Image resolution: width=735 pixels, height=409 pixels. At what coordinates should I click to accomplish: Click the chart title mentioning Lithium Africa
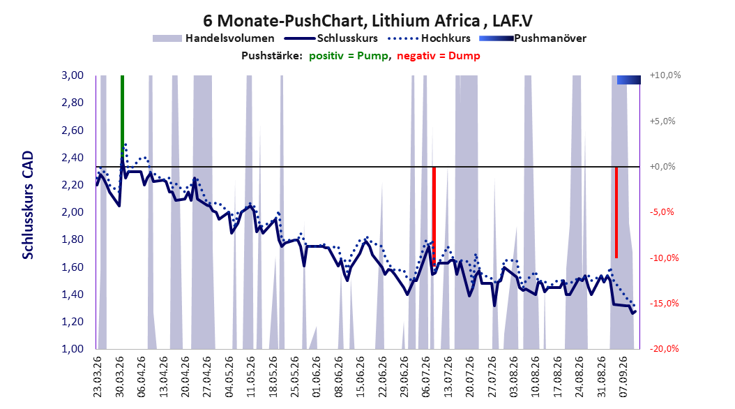[x=367, y=21]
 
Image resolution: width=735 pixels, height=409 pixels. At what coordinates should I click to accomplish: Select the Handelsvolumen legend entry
[x=214, y=38]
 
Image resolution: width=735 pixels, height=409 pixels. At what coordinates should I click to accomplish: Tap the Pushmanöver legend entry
[x=533, y=38]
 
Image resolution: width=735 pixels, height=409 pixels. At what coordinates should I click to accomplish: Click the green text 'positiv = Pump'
[x=349, y=56]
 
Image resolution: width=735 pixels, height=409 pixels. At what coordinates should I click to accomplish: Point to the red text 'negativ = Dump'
[x=439, y=56]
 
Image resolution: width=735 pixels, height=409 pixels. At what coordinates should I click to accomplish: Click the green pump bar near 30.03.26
[x=122, y=121]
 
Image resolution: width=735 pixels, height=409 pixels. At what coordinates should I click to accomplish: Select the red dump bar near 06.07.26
[x=434, y=216]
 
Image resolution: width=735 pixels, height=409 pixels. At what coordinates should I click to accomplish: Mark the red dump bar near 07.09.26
[x=616, y=212]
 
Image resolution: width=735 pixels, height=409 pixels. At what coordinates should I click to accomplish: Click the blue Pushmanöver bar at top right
[x=628, y=80]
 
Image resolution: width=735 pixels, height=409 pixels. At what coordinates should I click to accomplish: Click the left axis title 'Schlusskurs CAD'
[x=28, y=205]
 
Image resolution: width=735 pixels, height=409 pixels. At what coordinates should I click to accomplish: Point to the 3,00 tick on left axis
[x=73, y=75]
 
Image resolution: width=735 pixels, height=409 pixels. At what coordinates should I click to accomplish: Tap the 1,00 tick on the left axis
[x=73, y=349]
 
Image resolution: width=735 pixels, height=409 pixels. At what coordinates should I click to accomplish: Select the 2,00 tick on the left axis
[x=73, y=212]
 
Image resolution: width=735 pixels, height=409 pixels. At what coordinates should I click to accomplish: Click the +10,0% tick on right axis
[x=665, y=75]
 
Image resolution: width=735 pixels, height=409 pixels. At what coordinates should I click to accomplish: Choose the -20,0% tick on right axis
[x=664, y=348]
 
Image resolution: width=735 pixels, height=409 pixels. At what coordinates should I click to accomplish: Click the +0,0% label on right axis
[x=662, y=167]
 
